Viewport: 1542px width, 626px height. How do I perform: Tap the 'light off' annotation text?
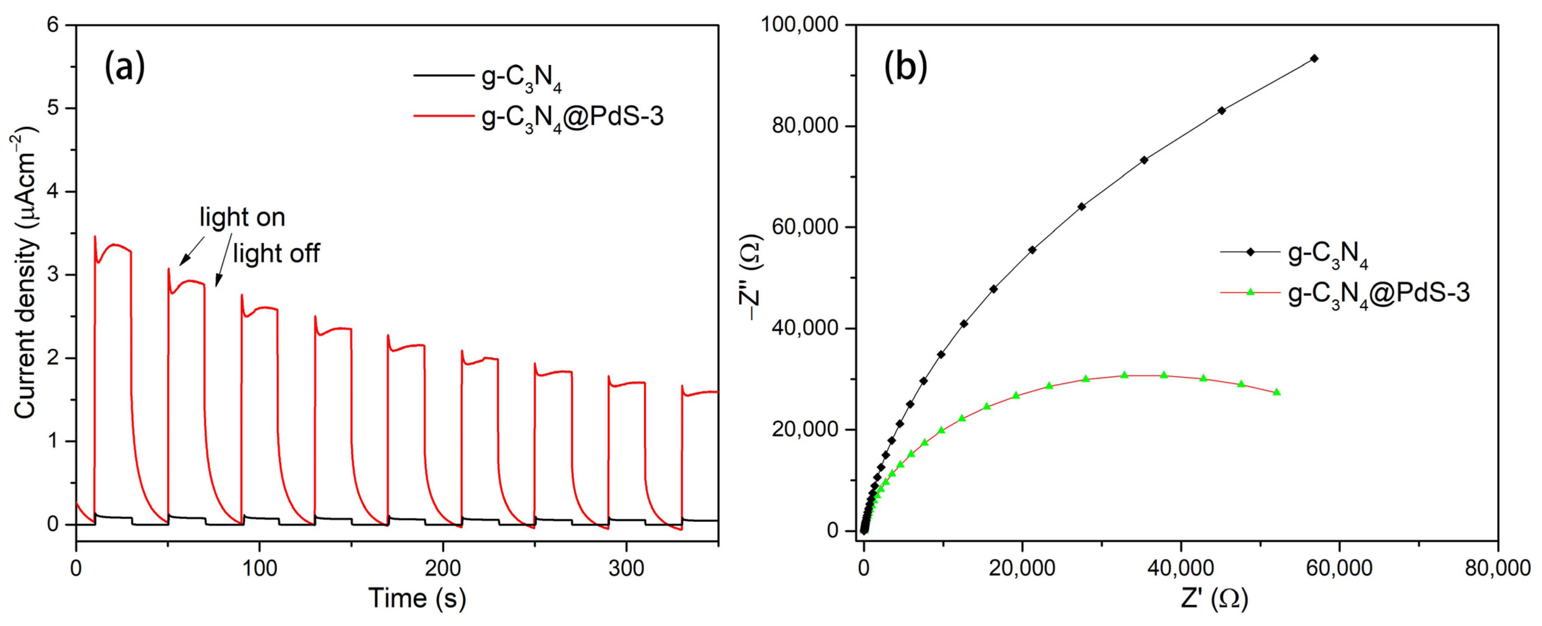click(276, 253)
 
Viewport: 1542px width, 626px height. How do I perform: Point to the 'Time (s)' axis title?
click(417, 598)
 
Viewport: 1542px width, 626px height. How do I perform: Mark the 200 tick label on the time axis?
click(443, 568)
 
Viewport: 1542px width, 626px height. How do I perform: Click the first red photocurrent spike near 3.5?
click(94, 237)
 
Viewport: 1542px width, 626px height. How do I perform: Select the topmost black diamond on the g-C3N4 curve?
click(1315, 58)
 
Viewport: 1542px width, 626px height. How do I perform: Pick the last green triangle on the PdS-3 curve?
click(1277, 392)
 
